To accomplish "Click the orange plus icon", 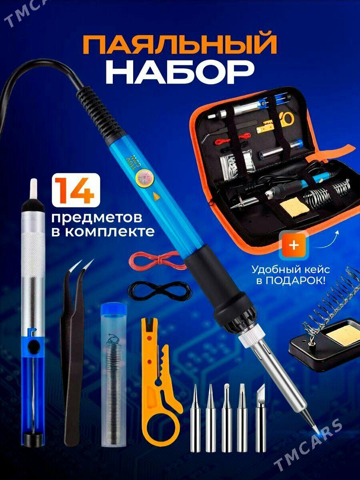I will [x=294, y=245].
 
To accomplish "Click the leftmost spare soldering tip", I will [x=197, y=420].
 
